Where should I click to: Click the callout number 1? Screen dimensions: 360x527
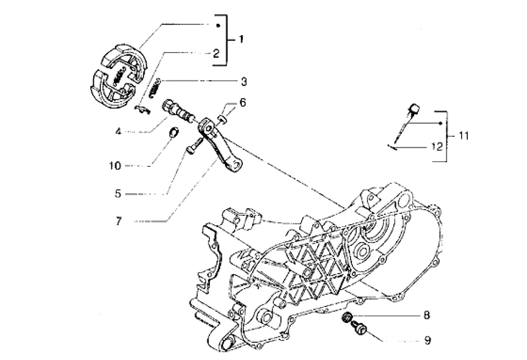click(241, 39)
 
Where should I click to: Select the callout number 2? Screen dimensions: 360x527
click(216, 53)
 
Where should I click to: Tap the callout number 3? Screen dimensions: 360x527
click(243, 81)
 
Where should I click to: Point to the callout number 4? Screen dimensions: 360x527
click(118, 132)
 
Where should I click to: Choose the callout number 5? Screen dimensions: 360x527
click(118, 194)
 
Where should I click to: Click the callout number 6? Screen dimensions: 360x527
click(242, 103)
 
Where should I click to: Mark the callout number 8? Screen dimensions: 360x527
click(427, 315)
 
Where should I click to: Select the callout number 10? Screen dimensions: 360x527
click(114, 166)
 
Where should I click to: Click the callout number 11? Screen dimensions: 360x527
click(464, 136)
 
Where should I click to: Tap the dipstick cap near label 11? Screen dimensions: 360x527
click(414, 109)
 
